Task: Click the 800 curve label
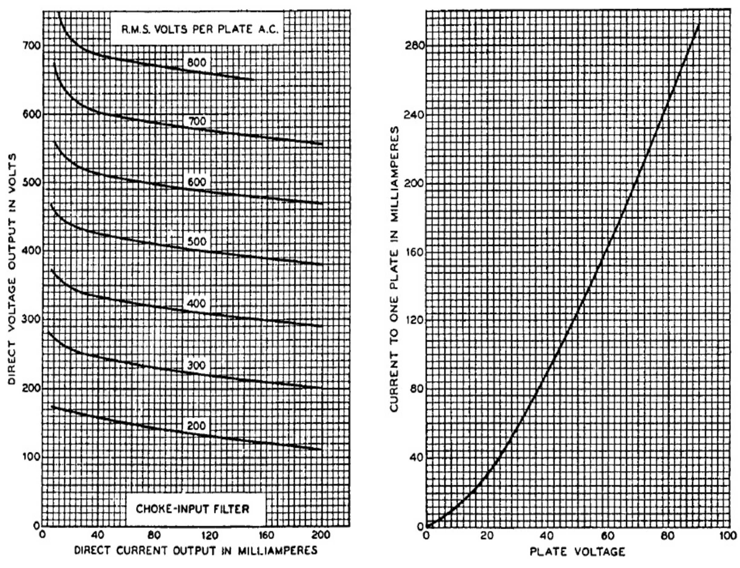click(196, 63)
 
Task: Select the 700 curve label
click(196, 121)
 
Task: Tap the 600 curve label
click(196, 182)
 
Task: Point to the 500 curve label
click(196, 241)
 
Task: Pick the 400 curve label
click(196, 303)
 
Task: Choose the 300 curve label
click(196, 365)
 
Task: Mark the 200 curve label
click(196, 426)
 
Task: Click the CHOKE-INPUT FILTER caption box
click(192, 509)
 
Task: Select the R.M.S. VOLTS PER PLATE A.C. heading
click(200, 29)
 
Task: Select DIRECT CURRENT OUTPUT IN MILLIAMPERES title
click(196, 550)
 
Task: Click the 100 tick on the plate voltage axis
click(728, 536)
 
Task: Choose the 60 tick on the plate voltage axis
click(608, 536)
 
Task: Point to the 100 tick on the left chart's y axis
click(31, 456)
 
